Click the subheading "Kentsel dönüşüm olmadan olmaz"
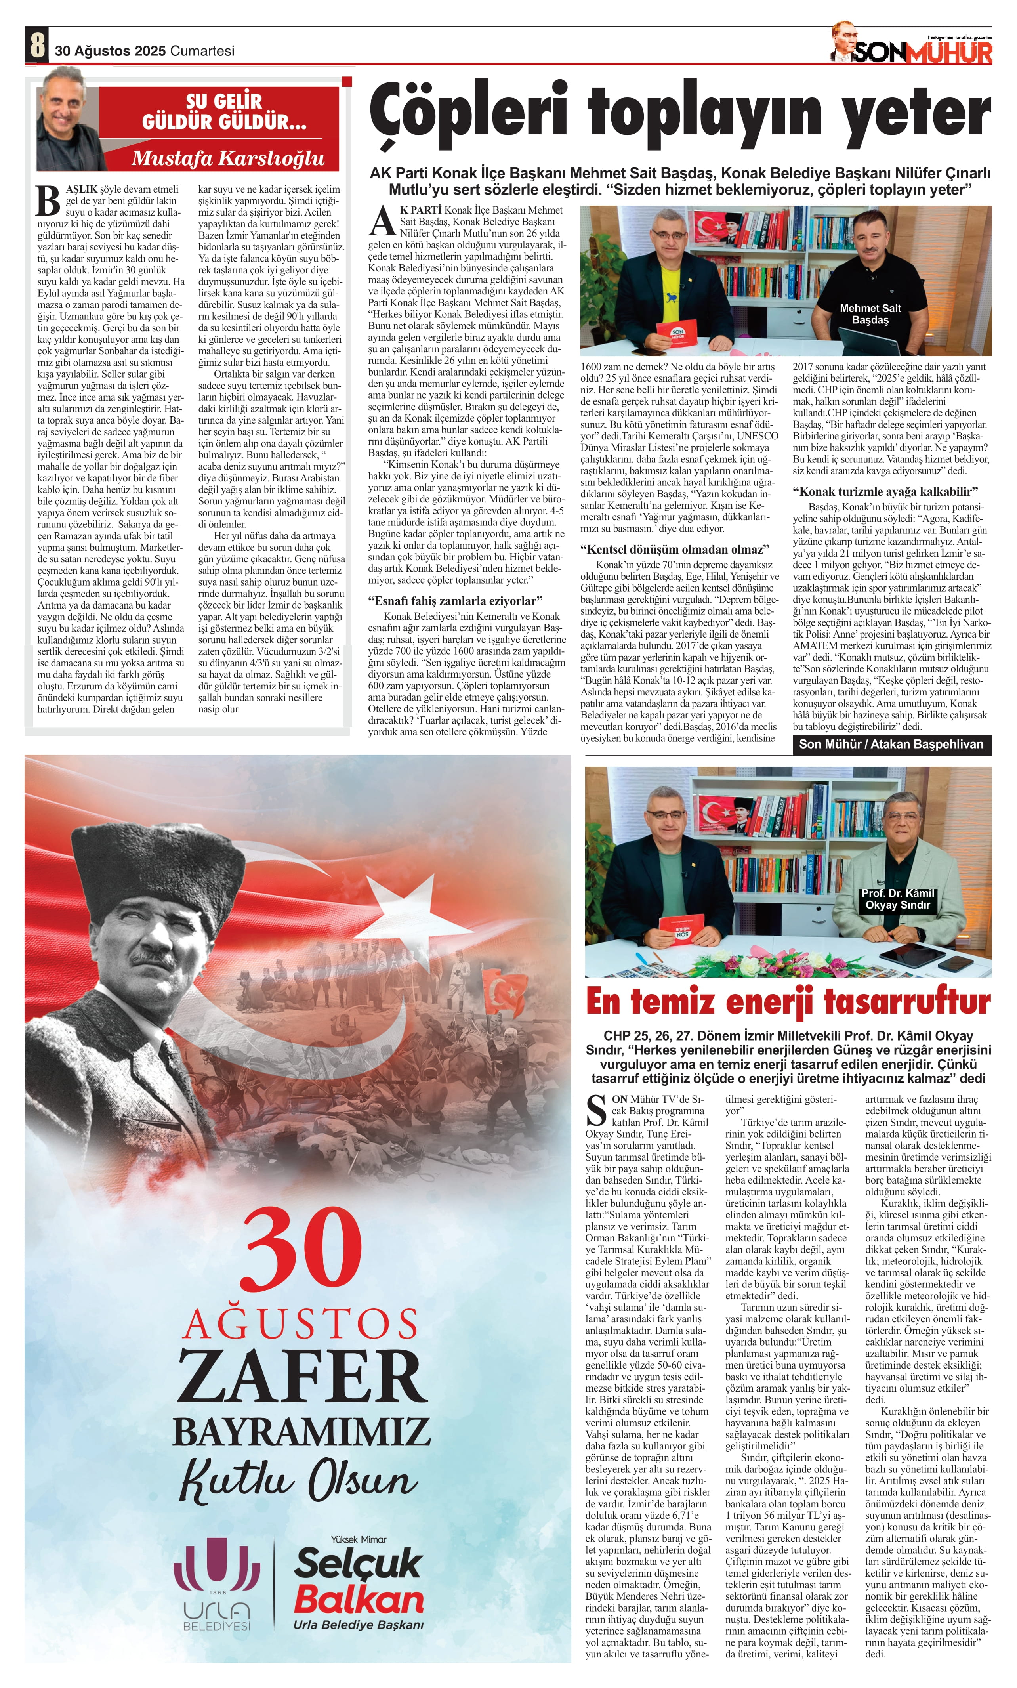tap(675, 550)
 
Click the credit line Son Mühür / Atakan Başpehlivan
tap(891, 744)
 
